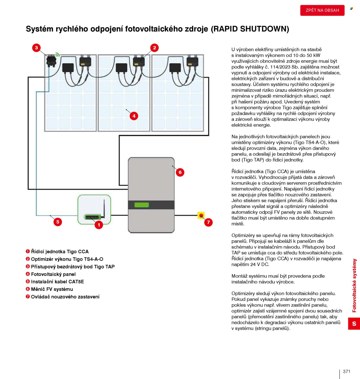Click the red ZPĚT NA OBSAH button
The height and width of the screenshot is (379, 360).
pos(322,10)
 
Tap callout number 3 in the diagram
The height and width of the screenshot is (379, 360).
pos(36,48)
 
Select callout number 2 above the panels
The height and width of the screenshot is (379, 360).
pos(155,48)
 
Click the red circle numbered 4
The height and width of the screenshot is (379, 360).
pos(134,116)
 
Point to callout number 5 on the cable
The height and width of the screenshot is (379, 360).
pos(58,222)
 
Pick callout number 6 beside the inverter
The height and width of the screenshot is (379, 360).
pos(180,173)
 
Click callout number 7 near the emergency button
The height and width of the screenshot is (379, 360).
pos(209,222)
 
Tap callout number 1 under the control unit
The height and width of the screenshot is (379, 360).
pos(99,225)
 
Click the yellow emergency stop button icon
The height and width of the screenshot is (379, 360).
pos(201,215)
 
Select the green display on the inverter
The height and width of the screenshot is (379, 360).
pos(141,205)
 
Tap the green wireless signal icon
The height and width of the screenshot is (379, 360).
pos(58,54)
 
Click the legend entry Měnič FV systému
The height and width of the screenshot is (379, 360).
pos(52,289)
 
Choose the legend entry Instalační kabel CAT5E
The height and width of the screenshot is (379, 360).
pos(57,282)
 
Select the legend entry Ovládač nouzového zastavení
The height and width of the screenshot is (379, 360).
pos(65,297)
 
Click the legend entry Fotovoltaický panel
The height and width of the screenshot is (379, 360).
pos(53,274)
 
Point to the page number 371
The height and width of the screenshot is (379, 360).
pos(347,372)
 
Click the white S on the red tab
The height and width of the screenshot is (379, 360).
pos(354,324)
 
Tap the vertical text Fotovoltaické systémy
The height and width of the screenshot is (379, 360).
pos(354,285)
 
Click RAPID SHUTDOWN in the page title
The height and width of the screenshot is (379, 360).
pos(250,29)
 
